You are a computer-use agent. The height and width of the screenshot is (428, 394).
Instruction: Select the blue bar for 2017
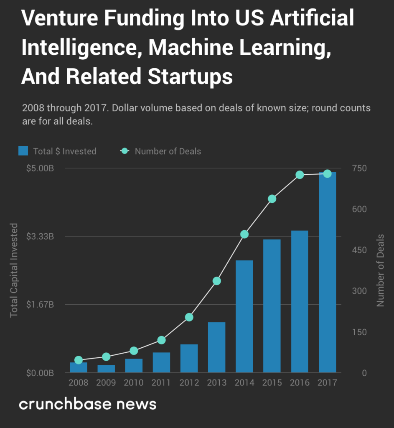tap(327, 272)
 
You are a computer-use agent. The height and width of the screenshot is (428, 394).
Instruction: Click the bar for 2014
tap(244, 316)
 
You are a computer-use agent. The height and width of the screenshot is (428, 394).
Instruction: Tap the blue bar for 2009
tap(106, 369)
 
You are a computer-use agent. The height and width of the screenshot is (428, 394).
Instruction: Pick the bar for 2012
tap(189, 358)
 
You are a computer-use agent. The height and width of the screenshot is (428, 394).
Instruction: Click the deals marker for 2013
tap(216, 281)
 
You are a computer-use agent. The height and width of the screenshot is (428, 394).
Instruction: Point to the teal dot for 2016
tap(300, 175)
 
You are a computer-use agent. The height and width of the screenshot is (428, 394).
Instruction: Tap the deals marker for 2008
tap(79, 360)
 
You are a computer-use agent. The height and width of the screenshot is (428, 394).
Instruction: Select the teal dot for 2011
tap(161, 340)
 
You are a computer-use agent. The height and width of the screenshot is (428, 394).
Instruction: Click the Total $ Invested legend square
tap(23, 151)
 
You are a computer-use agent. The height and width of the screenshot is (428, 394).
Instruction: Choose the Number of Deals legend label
tap(168, 151)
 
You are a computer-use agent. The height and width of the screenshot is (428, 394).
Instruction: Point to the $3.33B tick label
tap(40, 237)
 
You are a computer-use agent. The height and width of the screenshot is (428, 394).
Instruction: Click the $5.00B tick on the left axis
tap(40, 168)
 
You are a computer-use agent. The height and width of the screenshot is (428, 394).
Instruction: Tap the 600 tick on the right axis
tap(358, 209)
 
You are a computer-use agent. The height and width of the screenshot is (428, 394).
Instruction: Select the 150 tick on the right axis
tap(358, 332)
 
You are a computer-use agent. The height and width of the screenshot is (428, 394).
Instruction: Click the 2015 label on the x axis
tap(272, 382)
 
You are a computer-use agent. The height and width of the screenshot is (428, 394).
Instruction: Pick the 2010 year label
tap(134, 382)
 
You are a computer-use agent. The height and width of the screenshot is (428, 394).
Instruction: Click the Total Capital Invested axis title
tap(14, 270)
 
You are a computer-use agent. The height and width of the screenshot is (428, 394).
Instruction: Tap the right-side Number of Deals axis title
tap(380, 270)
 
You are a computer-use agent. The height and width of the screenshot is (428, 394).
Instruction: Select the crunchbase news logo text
tap(88, 404)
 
